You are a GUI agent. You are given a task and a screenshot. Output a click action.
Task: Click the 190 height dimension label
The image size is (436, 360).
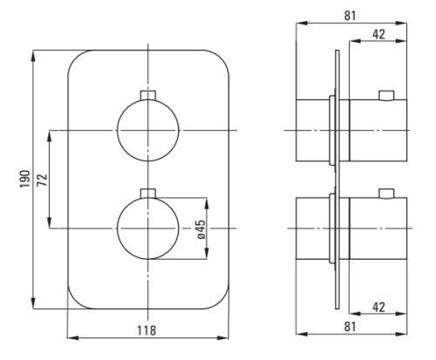tap(25, 179)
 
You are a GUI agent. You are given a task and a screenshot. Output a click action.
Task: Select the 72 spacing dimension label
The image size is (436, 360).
tap(43, 180)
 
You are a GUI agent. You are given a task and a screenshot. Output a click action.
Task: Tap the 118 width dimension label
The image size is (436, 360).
tap(146, 330)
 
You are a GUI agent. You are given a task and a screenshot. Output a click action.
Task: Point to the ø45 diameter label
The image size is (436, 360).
tap(201, 229)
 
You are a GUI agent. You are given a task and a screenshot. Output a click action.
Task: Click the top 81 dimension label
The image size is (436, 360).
tap(350, 16)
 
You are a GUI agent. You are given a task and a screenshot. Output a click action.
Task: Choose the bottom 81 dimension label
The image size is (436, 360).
tap(350, 327)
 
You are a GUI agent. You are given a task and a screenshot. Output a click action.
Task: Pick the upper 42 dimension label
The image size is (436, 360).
tap(378, 34)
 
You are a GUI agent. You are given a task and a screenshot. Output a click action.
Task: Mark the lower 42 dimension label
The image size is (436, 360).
tap(378, 307)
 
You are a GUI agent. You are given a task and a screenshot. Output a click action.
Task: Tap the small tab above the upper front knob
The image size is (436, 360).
tap(148, 95)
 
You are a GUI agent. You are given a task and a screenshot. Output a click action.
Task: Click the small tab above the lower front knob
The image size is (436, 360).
tap(148, 194)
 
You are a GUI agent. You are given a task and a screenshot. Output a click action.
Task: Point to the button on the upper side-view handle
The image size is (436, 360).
tap(386, 96)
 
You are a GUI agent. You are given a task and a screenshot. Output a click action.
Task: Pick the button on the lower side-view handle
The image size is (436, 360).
tap(386, 194)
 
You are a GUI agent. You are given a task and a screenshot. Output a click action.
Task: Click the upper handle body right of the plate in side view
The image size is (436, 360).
tap(378, 130)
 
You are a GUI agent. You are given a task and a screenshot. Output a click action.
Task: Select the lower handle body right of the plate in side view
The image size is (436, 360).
tap(378, 228)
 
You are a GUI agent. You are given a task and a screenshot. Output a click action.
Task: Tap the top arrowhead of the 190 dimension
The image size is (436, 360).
tap(33, 56)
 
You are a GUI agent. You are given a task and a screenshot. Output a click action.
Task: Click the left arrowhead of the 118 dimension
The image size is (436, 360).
tap(73, 338)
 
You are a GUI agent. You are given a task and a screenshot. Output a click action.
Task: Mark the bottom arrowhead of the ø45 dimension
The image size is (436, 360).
tap(207, 254)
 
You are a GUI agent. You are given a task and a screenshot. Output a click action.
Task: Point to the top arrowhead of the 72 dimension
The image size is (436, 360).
tap(50, 136)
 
